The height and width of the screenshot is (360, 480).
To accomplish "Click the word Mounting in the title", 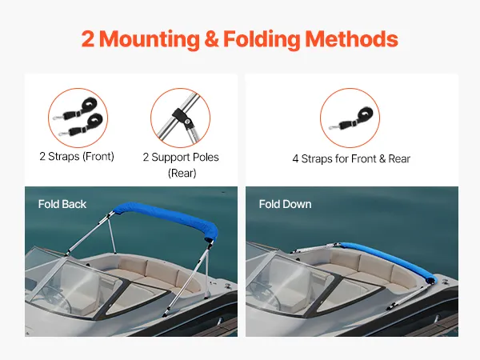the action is pyautogui.click(x=150, y=39).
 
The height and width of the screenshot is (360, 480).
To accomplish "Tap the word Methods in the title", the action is pyautogui.click(x=351, y=39).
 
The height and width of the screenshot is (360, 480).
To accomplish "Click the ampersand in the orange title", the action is pyautogui.click(x=211, y=39).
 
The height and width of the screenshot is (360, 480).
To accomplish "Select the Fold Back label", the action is pyautogui.click(x=62, y=204).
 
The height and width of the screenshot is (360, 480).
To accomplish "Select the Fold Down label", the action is pyautogui.click(x=285, y=204).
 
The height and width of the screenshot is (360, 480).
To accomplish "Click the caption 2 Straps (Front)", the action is pyautogui.click(x=77, y=157).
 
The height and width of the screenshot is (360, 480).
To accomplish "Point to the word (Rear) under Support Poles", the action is pyautogui.click(x=182, y=174).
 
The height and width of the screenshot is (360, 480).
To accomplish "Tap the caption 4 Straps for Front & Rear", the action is pyautogui.click(x=351, y=159).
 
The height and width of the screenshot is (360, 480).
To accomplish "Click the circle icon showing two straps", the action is pyautogui.click(x=78, y=118).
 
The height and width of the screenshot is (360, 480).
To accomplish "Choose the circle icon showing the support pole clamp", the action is pyautogui.click(x=180, y=118).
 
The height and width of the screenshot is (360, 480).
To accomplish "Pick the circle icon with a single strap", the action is pyautogui.click(x=350, y=118).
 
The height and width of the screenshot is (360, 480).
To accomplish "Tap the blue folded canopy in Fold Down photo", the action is pyautogui.click(x=389, y=260).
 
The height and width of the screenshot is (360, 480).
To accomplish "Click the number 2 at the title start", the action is pyautogui.click(x=88, y=39).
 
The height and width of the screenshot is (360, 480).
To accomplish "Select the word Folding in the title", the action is pyautogui.click(x=262, y=39).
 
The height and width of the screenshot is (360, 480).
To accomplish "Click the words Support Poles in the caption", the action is pyautogui.click(x=186, y=158).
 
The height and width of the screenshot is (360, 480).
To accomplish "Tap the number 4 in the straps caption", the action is pyautogui.click(x=295, y=159).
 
